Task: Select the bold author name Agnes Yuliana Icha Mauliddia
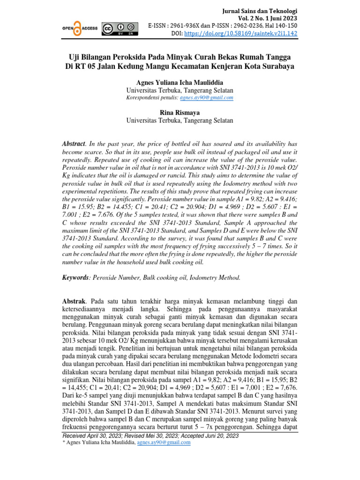click(180, 82)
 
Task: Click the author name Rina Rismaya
click(180, 112)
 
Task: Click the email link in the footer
click(164, 442)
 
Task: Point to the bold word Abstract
click(74, 143)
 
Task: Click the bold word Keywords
click(75, 278)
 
